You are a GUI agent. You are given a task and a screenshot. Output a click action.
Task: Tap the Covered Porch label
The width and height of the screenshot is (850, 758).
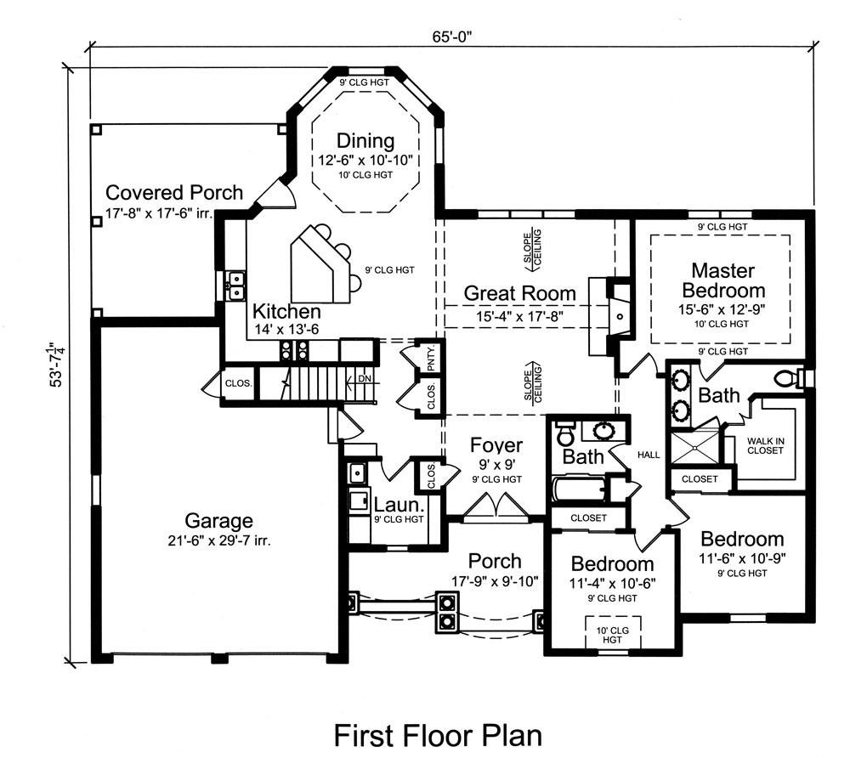tap(174, 193)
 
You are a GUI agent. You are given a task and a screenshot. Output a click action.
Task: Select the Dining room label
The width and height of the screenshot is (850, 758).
tap(365, 141)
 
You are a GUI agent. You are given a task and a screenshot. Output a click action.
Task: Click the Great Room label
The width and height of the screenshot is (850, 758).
tap(519, 294)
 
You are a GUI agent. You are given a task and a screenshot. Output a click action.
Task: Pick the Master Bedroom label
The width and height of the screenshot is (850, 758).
tap(722, 280)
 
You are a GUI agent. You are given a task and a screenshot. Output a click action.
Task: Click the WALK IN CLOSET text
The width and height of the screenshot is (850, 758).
tap(765, 445)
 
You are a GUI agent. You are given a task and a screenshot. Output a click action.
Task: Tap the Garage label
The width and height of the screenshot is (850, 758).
tap(220, 521)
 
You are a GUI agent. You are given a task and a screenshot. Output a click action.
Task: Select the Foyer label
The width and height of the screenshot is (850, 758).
tap(496, 446)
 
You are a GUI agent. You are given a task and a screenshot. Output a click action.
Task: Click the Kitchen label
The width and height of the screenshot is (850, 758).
tap(286, 312)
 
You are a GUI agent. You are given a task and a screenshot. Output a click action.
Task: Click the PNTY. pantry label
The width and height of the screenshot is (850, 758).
tap(431, 355)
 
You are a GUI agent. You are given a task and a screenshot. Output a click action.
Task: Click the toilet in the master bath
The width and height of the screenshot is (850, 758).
tap(790, 376)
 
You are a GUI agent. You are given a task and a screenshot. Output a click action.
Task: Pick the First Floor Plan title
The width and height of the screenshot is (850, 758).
tap(437, 735)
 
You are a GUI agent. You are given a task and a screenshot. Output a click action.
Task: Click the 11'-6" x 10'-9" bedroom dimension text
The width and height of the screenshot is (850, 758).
tap(740, 558)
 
